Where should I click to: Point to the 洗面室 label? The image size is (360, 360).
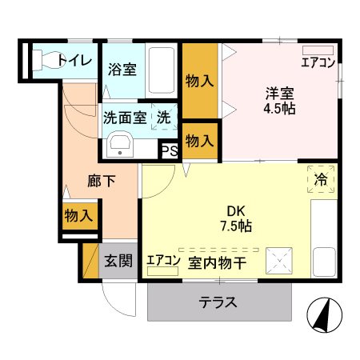pyautogui.click(x=125, y=117)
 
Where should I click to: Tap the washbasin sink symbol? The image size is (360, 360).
pyautogui.click(x=122, y=146)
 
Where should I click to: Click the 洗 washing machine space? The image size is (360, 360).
pyautogui.click(x=163, y=117)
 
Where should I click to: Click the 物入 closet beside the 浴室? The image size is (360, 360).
pyautogui.click(x=199, y=81)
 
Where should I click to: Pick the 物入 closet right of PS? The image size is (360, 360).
pyautogui.click(x=199, y=141)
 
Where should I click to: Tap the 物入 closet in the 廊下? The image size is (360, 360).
pyautogui.click(x=78, y=215)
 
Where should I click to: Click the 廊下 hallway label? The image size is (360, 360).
pyautogui.click(x=101, y=181)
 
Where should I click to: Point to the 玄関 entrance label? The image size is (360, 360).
pyautogui.click(x=118, y=261)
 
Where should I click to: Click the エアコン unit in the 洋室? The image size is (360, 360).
pyautogui.click(x=319, y=62)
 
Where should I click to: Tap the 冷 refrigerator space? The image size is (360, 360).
pyautogui.click(x=320, y=181)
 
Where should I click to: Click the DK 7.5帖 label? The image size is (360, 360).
pyautogui.click(x=237, y=218)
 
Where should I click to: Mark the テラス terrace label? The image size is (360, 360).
pyautogui.click(x=218, y=302)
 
